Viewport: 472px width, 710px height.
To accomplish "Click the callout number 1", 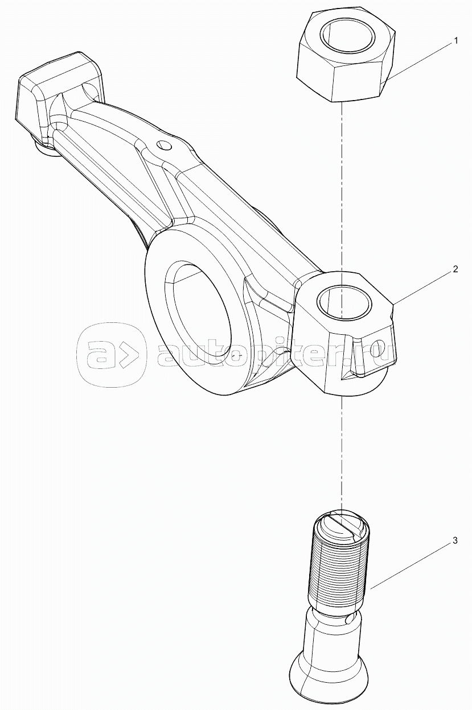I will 455,40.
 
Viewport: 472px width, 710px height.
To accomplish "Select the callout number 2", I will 455,269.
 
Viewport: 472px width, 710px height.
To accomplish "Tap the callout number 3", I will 455,541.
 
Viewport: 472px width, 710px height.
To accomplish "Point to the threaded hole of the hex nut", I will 347,35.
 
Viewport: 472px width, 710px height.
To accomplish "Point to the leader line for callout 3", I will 410,563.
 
